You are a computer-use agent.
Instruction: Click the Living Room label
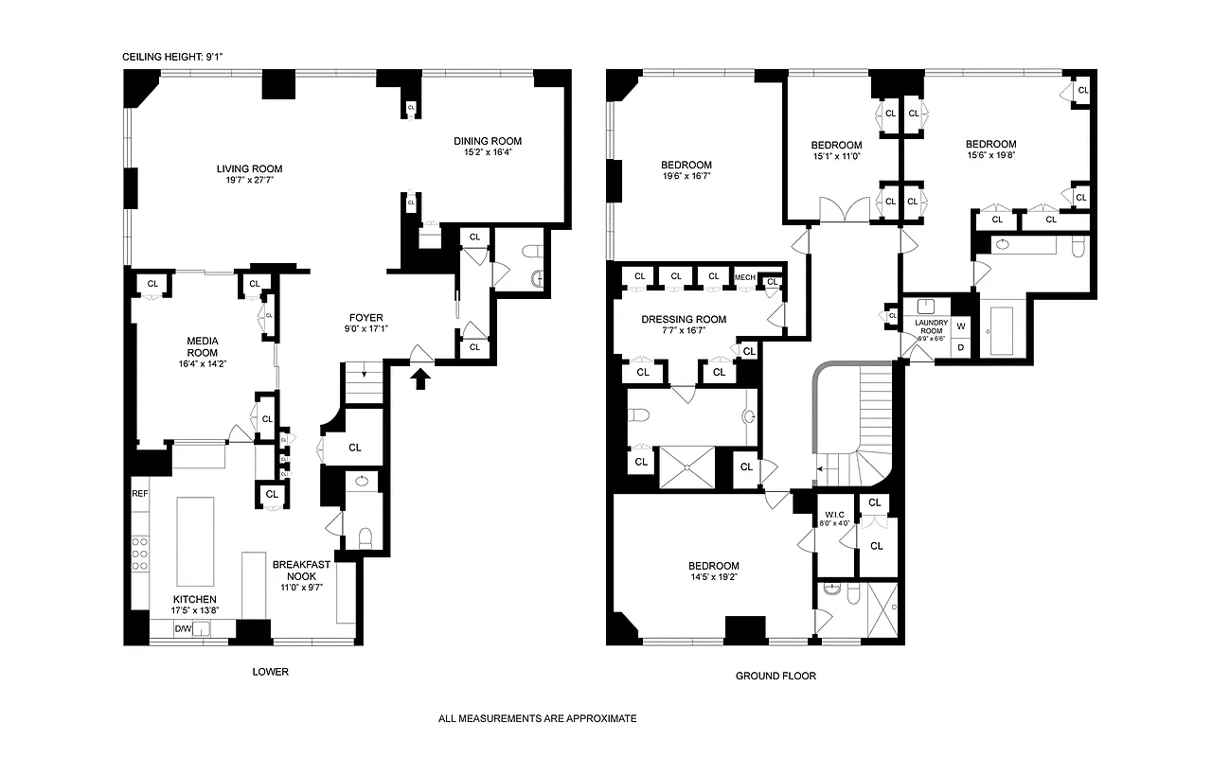tap(249, 169)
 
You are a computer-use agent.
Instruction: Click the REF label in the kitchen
tap(140, 494)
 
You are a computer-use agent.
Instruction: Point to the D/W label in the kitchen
tap(182, 628)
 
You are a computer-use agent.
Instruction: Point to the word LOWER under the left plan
tap(270, 673)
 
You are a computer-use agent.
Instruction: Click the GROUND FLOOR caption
tap(775, 677)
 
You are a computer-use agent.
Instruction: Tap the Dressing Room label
tap(684, 320)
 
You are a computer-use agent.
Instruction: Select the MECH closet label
tap(744, 277)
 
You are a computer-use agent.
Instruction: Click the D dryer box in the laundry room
tap(961, 347)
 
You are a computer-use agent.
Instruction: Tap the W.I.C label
tap(835, 516)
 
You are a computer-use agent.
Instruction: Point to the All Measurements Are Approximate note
tap(537, 719)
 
